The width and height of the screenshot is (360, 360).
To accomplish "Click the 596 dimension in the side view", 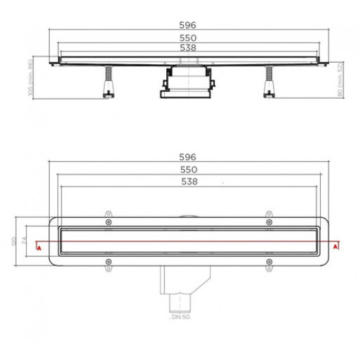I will click(x=189, y=24).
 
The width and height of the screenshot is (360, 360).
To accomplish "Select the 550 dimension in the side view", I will click(x=189, y=38).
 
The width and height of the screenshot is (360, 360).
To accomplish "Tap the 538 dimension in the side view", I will click(x=189, y=48).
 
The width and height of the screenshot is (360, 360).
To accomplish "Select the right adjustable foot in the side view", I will click(x=268, y=83).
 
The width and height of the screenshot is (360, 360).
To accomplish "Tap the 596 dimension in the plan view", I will click(x=189, y=158).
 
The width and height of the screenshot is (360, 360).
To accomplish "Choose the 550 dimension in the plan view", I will click(x=189, y=170).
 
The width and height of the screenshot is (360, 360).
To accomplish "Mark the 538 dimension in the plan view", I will click(x=189, y=182).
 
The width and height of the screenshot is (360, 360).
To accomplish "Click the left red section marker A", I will click(x=39, y=247).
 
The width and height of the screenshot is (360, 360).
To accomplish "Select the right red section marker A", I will click(x=336, y=247).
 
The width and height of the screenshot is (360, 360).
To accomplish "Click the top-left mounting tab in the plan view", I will click(x=107, y=212).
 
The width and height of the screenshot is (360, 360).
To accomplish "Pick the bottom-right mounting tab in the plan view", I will click(x=268, y=264).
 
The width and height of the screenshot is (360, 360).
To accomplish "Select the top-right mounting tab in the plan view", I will click(x=268, y=212).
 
